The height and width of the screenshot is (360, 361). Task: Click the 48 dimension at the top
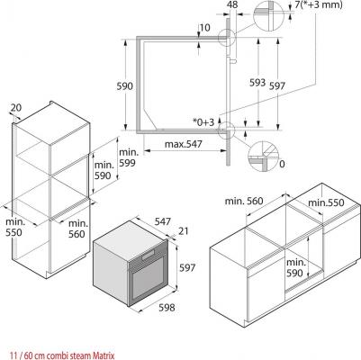point(232,4)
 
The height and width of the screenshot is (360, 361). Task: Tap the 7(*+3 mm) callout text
point(319,4)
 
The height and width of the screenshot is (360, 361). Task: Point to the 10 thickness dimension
point(204,28)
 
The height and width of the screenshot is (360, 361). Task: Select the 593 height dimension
point(257,83)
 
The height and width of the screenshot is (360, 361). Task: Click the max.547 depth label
point(184,144)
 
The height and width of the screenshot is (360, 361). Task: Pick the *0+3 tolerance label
point(203,122)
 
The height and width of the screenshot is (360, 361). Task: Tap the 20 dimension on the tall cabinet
point(16,107)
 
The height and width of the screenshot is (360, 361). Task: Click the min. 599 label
point(129,157)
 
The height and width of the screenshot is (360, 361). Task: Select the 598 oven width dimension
point(167,307)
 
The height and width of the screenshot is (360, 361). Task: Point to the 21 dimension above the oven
point(184,231)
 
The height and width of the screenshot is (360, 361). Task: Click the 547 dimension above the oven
point(163,221)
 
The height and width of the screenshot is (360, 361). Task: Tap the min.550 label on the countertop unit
point(326,202)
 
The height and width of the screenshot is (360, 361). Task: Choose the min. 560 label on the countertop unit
point(244,201)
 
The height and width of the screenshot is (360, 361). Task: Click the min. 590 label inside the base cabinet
point(296,267)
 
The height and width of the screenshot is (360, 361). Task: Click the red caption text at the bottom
point(62,356)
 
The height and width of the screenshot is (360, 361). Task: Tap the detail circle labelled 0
point(263,157)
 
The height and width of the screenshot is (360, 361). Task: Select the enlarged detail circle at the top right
point(268,15)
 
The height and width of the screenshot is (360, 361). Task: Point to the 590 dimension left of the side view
point(124,86)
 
